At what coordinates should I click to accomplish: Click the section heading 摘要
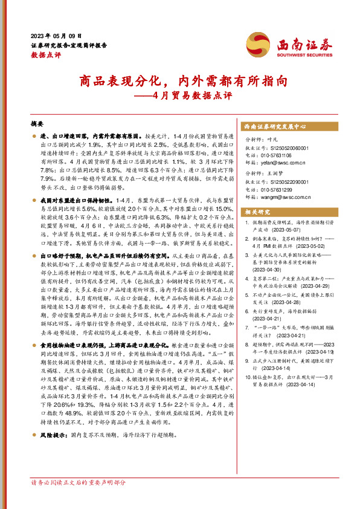(x=38, y=123)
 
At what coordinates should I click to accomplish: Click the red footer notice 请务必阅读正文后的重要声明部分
(x=79, y=482)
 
